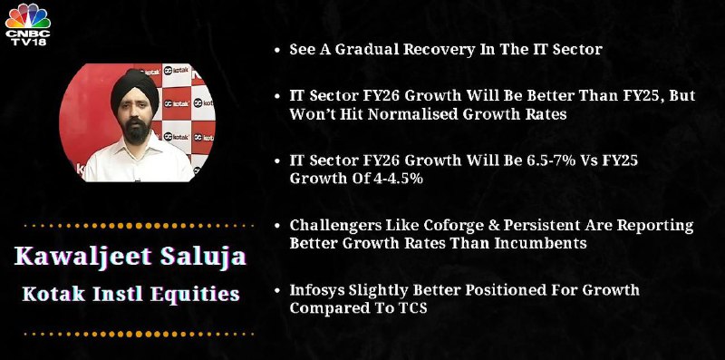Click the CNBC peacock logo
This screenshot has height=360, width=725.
28,16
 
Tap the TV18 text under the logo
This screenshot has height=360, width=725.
28,41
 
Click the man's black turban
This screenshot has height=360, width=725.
134,88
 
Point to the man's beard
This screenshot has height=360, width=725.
137,131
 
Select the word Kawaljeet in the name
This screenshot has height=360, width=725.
83,257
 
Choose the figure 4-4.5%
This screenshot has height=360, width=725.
397,178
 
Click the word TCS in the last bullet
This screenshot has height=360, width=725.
411,308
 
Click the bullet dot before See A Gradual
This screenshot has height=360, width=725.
277,51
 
